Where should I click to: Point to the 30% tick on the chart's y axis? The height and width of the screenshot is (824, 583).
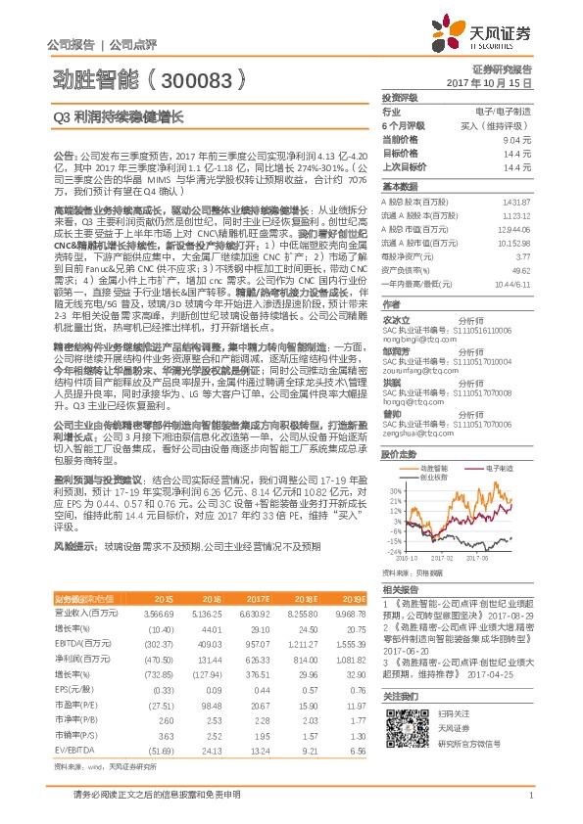tap(391, 490)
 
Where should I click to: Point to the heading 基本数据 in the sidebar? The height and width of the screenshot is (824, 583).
tap(399, 186)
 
